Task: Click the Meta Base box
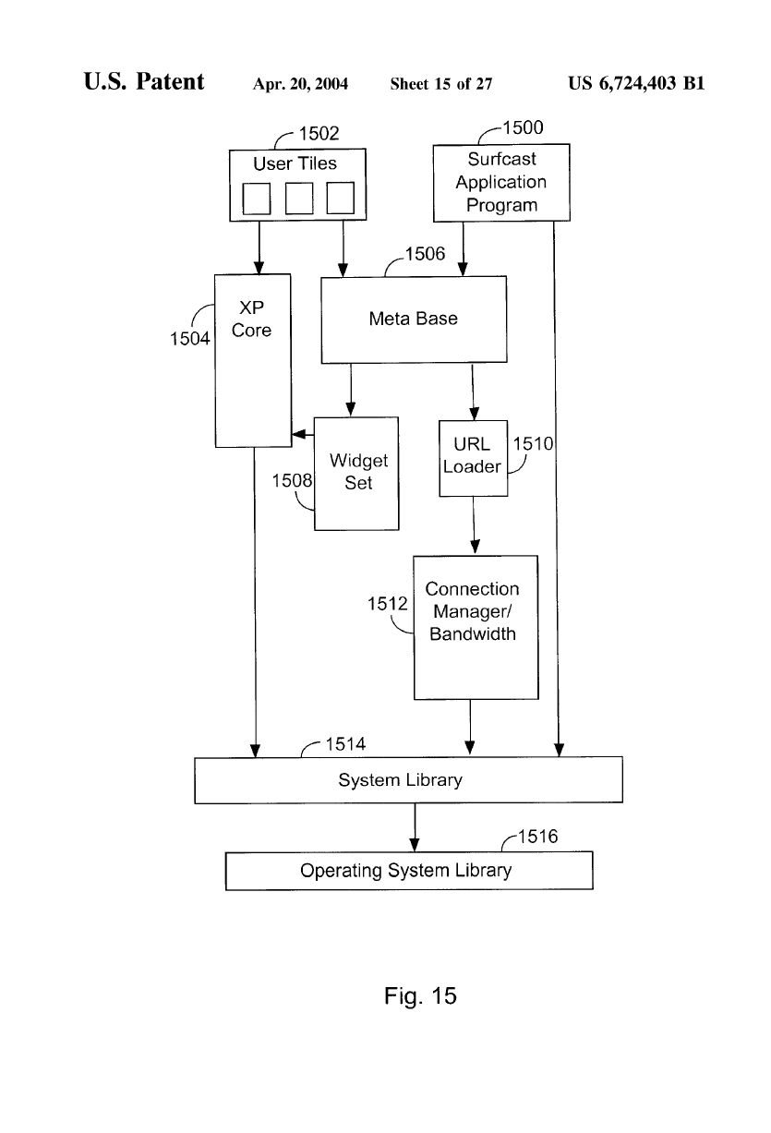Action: point(414,319)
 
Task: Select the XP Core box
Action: point(252,360)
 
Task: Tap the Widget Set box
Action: point(356,473)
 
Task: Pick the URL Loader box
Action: point(473,456)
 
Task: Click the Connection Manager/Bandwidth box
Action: point(475,627)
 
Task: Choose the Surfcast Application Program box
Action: point(501,182)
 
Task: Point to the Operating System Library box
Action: point(408,871)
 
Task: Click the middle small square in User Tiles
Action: point(298,199)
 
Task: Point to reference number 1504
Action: point(189,339)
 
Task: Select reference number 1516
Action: point(536,838)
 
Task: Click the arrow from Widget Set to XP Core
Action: point(303,434)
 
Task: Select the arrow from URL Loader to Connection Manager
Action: point(474,525)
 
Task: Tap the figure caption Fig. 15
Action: point(420,996)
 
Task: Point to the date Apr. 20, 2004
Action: point(300,85)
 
